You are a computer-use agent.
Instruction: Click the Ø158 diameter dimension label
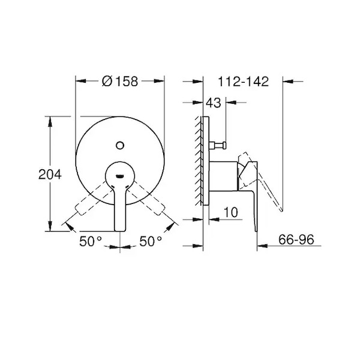point(120,81)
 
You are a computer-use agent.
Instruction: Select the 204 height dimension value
point(50,174)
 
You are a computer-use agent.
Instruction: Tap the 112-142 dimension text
point(243,82)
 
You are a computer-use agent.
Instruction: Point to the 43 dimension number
point(213,103)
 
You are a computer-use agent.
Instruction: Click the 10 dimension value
point(231,212)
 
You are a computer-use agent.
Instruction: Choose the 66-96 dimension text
point(296,239)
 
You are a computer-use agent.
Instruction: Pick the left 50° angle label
point(91,241)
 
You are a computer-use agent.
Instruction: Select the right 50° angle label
point(151,241)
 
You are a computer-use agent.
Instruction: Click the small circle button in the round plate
point(120,145)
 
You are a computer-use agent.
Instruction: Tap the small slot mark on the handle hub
point(120,176)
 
